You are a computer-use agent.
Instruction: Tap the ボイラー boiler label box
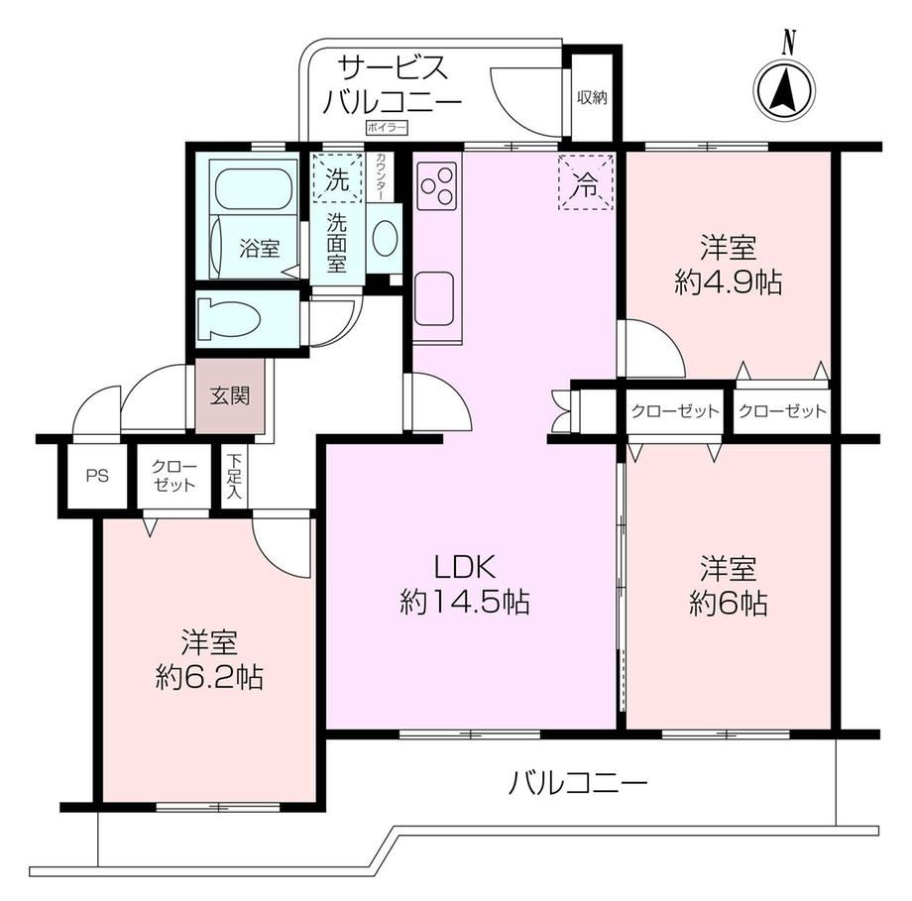387,128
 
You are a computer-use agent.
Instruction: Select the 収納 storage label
592,98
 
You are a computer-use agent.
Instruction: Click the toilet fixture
229,319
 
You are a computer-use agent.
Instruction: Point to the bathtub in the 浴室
254,188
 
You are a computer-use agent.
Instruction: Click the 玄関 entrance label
230,396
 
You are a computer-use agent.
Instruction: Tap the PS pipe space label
97,476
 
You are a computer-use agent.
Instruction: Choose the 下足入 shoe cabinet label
234,476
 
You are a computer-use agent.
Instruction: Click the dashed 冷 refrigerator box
586,182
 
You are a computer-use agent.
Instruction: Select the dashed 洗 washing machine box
337,178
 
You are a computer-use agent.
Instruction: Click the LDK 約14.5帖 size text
465,585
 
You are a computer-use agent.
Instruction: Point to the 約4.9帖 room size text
729,283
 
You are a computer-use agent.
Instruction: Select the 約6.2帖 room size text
209,677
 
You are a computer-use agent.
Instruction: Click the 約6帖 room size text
729,604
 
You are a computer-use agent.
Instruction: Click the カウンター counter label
381,176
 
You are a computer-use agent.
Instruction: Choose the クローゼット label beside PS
173,476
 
